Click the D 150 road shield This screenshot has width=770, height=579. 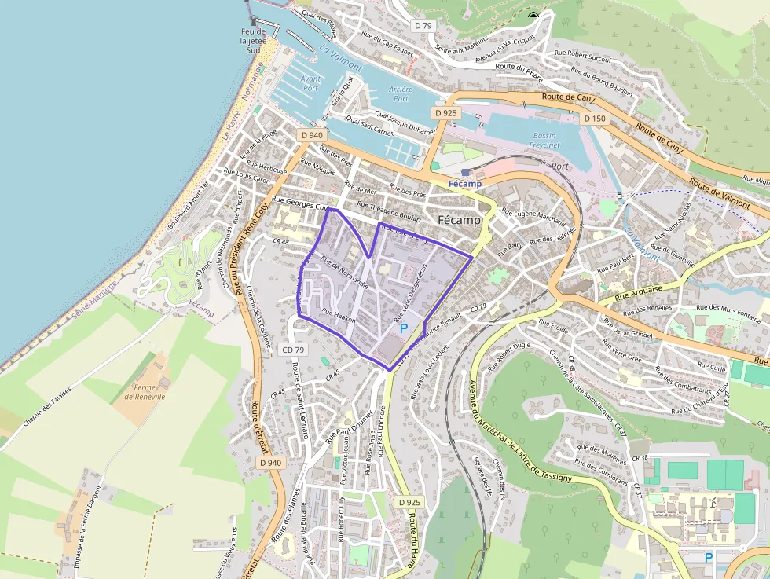coord(595,119)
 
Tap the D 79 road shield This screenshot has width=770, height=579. coord(423,26)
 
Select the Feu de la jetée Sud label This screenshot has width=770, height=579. coord(253,40)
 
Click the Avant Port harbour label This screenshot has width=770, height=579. coord(310,83)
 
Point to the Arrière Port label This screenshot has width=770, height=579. coord(401,94)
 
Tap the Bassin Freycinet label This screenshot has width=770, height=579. coord(544,140)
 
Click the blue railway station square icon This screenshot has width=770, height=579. coord(466,172)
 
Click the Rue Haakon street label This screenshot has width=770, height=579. coord(339,316)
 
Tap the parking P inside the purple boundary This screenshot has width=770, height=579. coord(404,328)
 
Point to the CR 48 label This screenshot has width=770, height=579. coord(280,241)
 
